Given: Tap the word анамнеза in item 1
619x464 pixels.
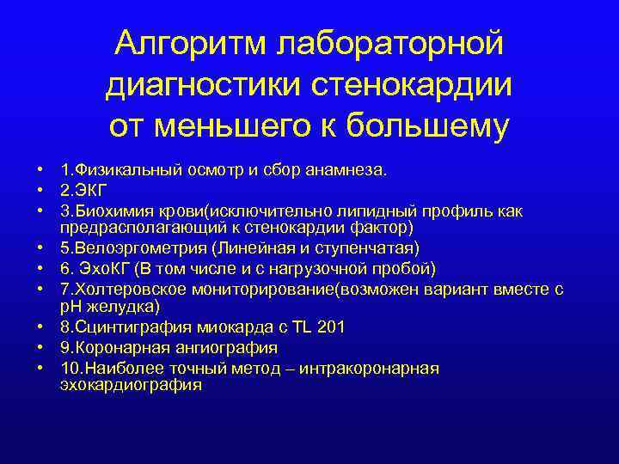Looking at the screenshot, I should pos(344,171).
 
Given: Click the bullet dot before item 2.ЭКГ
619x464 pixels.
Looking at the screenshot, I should pos(40,191).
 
